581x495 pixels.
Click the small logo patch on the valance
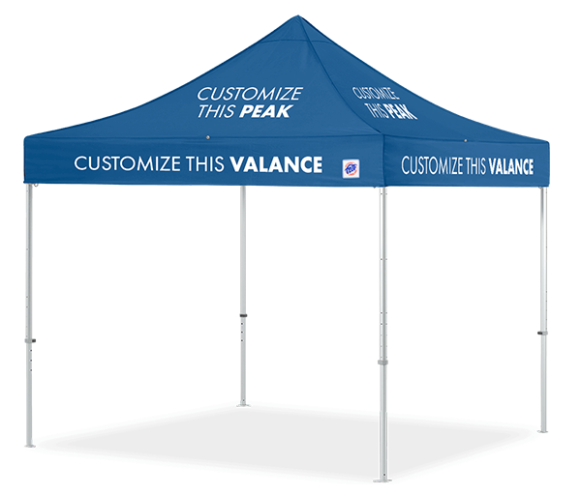351,168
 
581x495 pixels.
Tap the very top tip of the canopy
298,15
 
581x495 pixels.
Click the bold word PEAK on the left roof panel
266,111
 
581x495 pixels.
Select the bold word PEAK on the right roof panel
400,112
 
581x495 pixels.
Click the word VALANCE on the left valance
276,164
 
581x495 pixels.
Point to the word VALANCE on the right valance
511,166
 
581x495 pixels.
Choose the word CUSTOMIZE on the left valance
128,163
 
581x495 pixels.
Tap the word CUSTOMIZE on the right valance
432,165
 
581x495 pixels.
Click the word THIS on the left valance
205,164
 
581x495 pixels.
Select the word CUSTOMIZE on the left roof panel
250,94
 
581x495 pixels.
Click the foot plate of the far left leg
30,445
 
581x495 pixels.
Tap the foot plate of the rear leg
243,405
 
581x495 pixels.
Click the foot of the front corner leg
382,480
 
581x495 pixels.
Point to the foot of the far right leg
543,431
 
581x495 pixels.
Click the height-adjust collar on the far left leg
30,340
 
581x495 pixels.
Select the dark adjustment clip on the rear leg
243,315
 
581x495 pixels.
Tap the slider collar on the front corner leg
382,362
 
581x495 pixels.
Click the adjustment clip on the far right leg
542,333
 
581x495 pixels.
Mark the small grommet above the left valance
208,137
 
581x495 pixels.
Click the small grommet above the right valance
466,140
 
